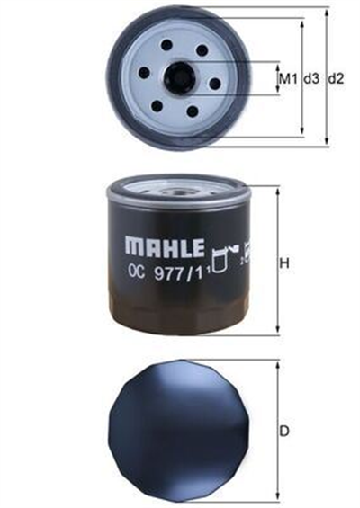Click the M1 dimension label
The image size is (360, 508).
click(288, 78)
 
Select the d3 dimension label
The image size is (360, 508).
click(311, 78)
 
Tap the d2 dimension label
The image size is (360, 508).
click(336, 78)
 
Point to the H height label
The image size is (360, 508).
click(284, 263)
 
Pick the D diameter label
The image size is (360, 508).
click(284, 432)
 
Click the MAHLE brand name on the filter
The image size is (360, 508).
click(165, 247)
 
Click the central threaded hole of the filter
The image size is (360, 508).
click(178, 79)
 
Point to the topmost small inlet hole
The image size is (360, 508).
click(167, 45)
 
